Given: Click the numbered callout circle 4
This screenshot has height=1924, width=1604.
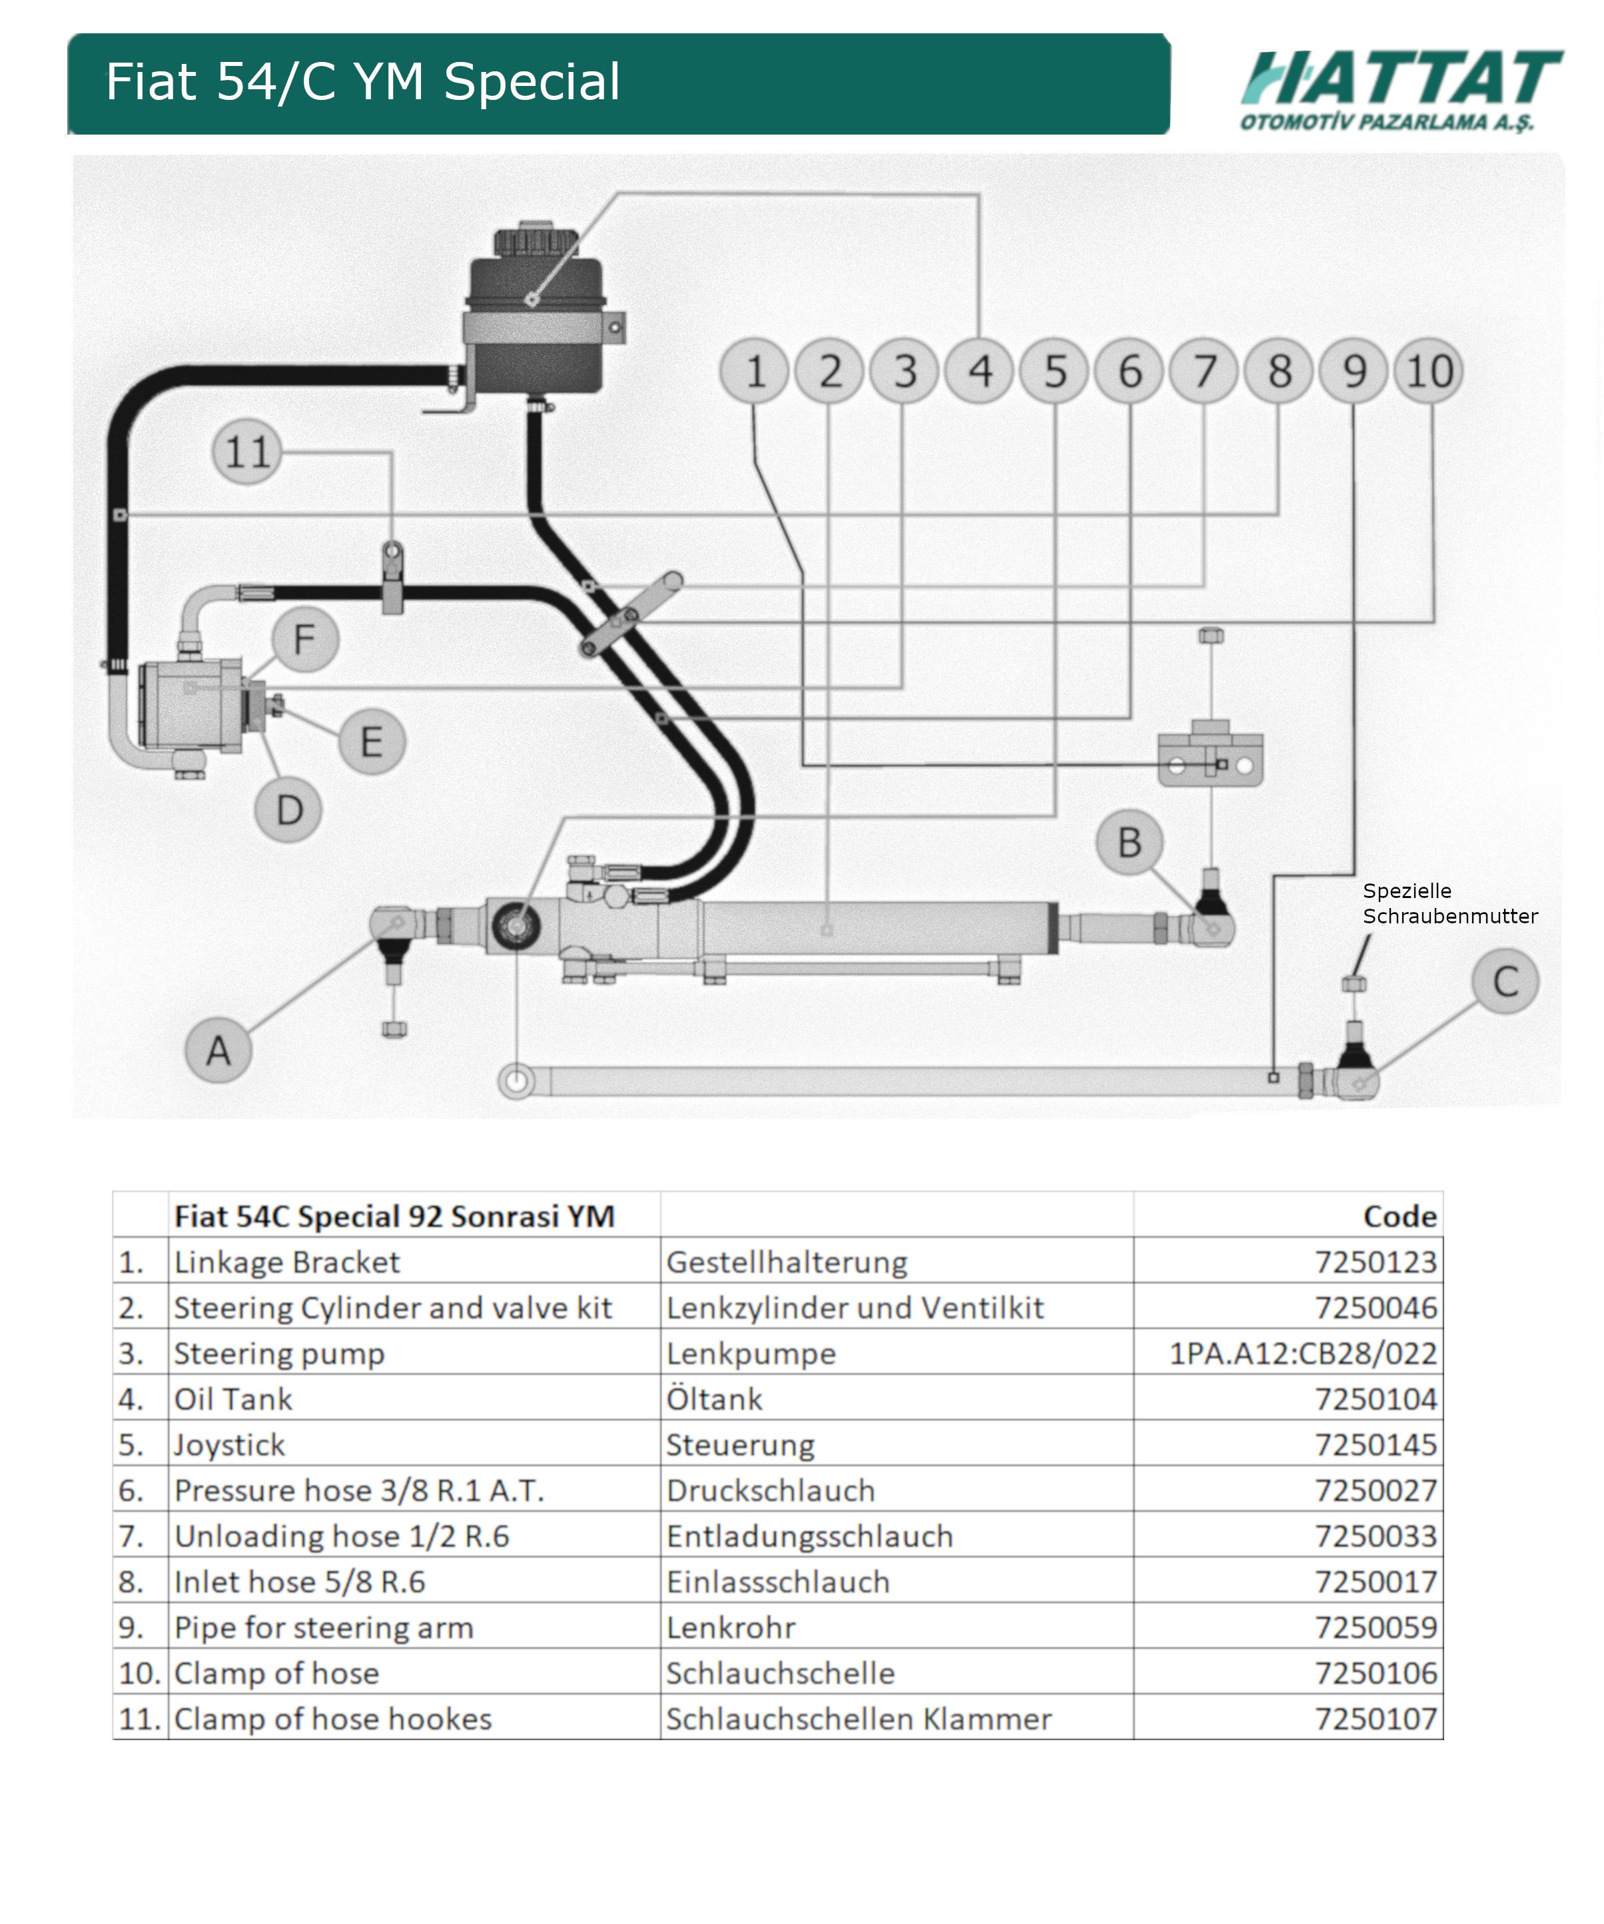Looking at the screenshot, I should [x=980, y=371].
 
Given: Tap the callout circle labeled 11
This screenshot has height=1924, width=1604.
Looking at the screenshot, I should [x=246, y=452].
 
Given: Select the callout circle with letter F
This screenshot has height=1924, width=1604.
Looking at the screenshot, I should [x=305, y=640].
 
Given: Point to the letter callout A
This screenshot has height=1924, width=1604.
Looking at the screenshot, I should [x=218, y=1050].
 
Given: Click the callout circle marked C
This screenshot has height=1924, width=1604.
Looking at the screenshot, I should [x=1505, y=981].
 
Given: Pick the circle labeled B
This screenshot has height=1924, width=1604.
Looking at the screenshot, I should [x=1130, y=842].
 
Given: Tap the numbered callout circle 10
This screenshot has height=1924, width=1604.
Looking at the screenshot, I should [x=1429, y=371].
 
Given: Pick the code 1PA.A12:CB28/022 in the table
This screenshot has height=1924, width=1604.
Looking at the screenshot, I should [x=1302, y=1353].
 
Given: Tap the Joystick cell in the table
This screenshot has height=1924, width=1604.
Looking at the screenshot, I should [x=229, y=1445].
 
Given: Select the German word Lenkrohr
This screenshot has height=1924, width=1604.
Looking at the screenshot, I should [x=730, y=1628].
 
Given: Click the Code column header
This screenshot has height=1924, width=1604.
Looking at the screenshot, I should [x=1399, y=1216].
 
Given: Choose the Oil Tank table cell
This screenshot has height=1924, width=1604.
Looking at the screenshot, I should [x=234, y=1399].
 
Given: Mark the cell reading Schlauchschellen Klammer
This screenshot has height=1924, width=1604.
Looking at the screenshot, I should [x=859, y=1719].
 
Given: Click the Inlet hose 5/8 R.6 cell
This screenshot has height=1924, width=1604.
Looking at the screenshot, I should [x=300, y=1582].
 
